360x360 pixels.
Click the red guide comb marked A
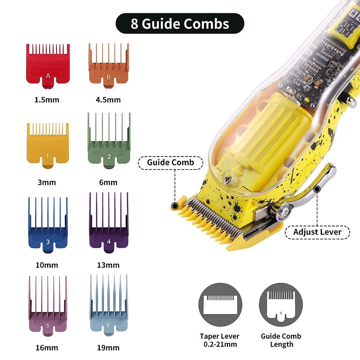click(x=48, y=67)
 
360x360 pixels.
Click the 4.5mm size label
click(x=108, y=100)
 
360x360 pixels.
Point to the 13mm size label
click(x=108, y=265)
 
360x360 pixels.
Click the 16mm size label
click(x=47, y=348)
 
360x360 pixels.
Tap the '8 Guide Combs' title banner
click(x=180, y=23)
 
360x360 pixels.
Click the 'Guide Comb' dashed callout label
click(x=170, y=163)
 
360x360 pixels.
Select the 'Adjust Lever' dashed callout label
click(x=317, y=232)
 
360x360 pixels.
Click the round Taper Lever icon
click(x=220, y=305)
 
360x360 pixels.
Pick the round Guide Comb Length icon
click(x=281, y=305)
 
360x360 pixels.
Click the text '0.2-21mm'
click(x=220, y=344)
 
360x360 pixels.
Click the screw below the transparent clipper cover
click(x=228, y=179)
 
